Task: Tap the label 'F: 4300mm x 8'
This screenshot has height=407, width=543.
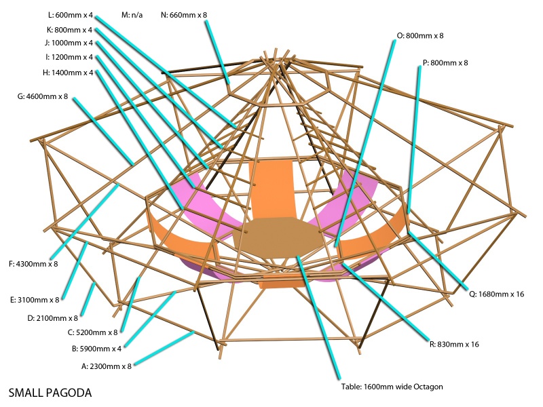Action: point(33,264)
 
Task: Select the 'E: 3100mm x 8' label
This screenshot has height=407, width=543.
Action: point(35,299)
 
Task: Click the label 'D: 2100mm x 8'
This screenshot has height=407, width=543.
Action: point(52,317)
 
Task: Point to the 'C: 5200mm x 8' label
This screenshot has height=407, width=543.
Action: point(92,332)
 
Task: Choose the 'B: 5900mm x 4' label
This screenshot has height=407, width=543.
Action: point(96,349)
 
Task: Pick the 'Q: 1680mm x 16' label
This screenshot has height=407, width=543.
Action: point(498,294)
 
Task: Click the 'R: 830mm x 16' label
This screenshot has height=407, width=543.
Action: point(455,344)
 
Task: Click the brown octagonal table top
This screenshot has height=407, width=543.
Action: point(278,237)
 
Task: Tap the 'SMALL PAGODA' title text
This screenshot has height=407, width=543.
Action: point(50,393)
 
